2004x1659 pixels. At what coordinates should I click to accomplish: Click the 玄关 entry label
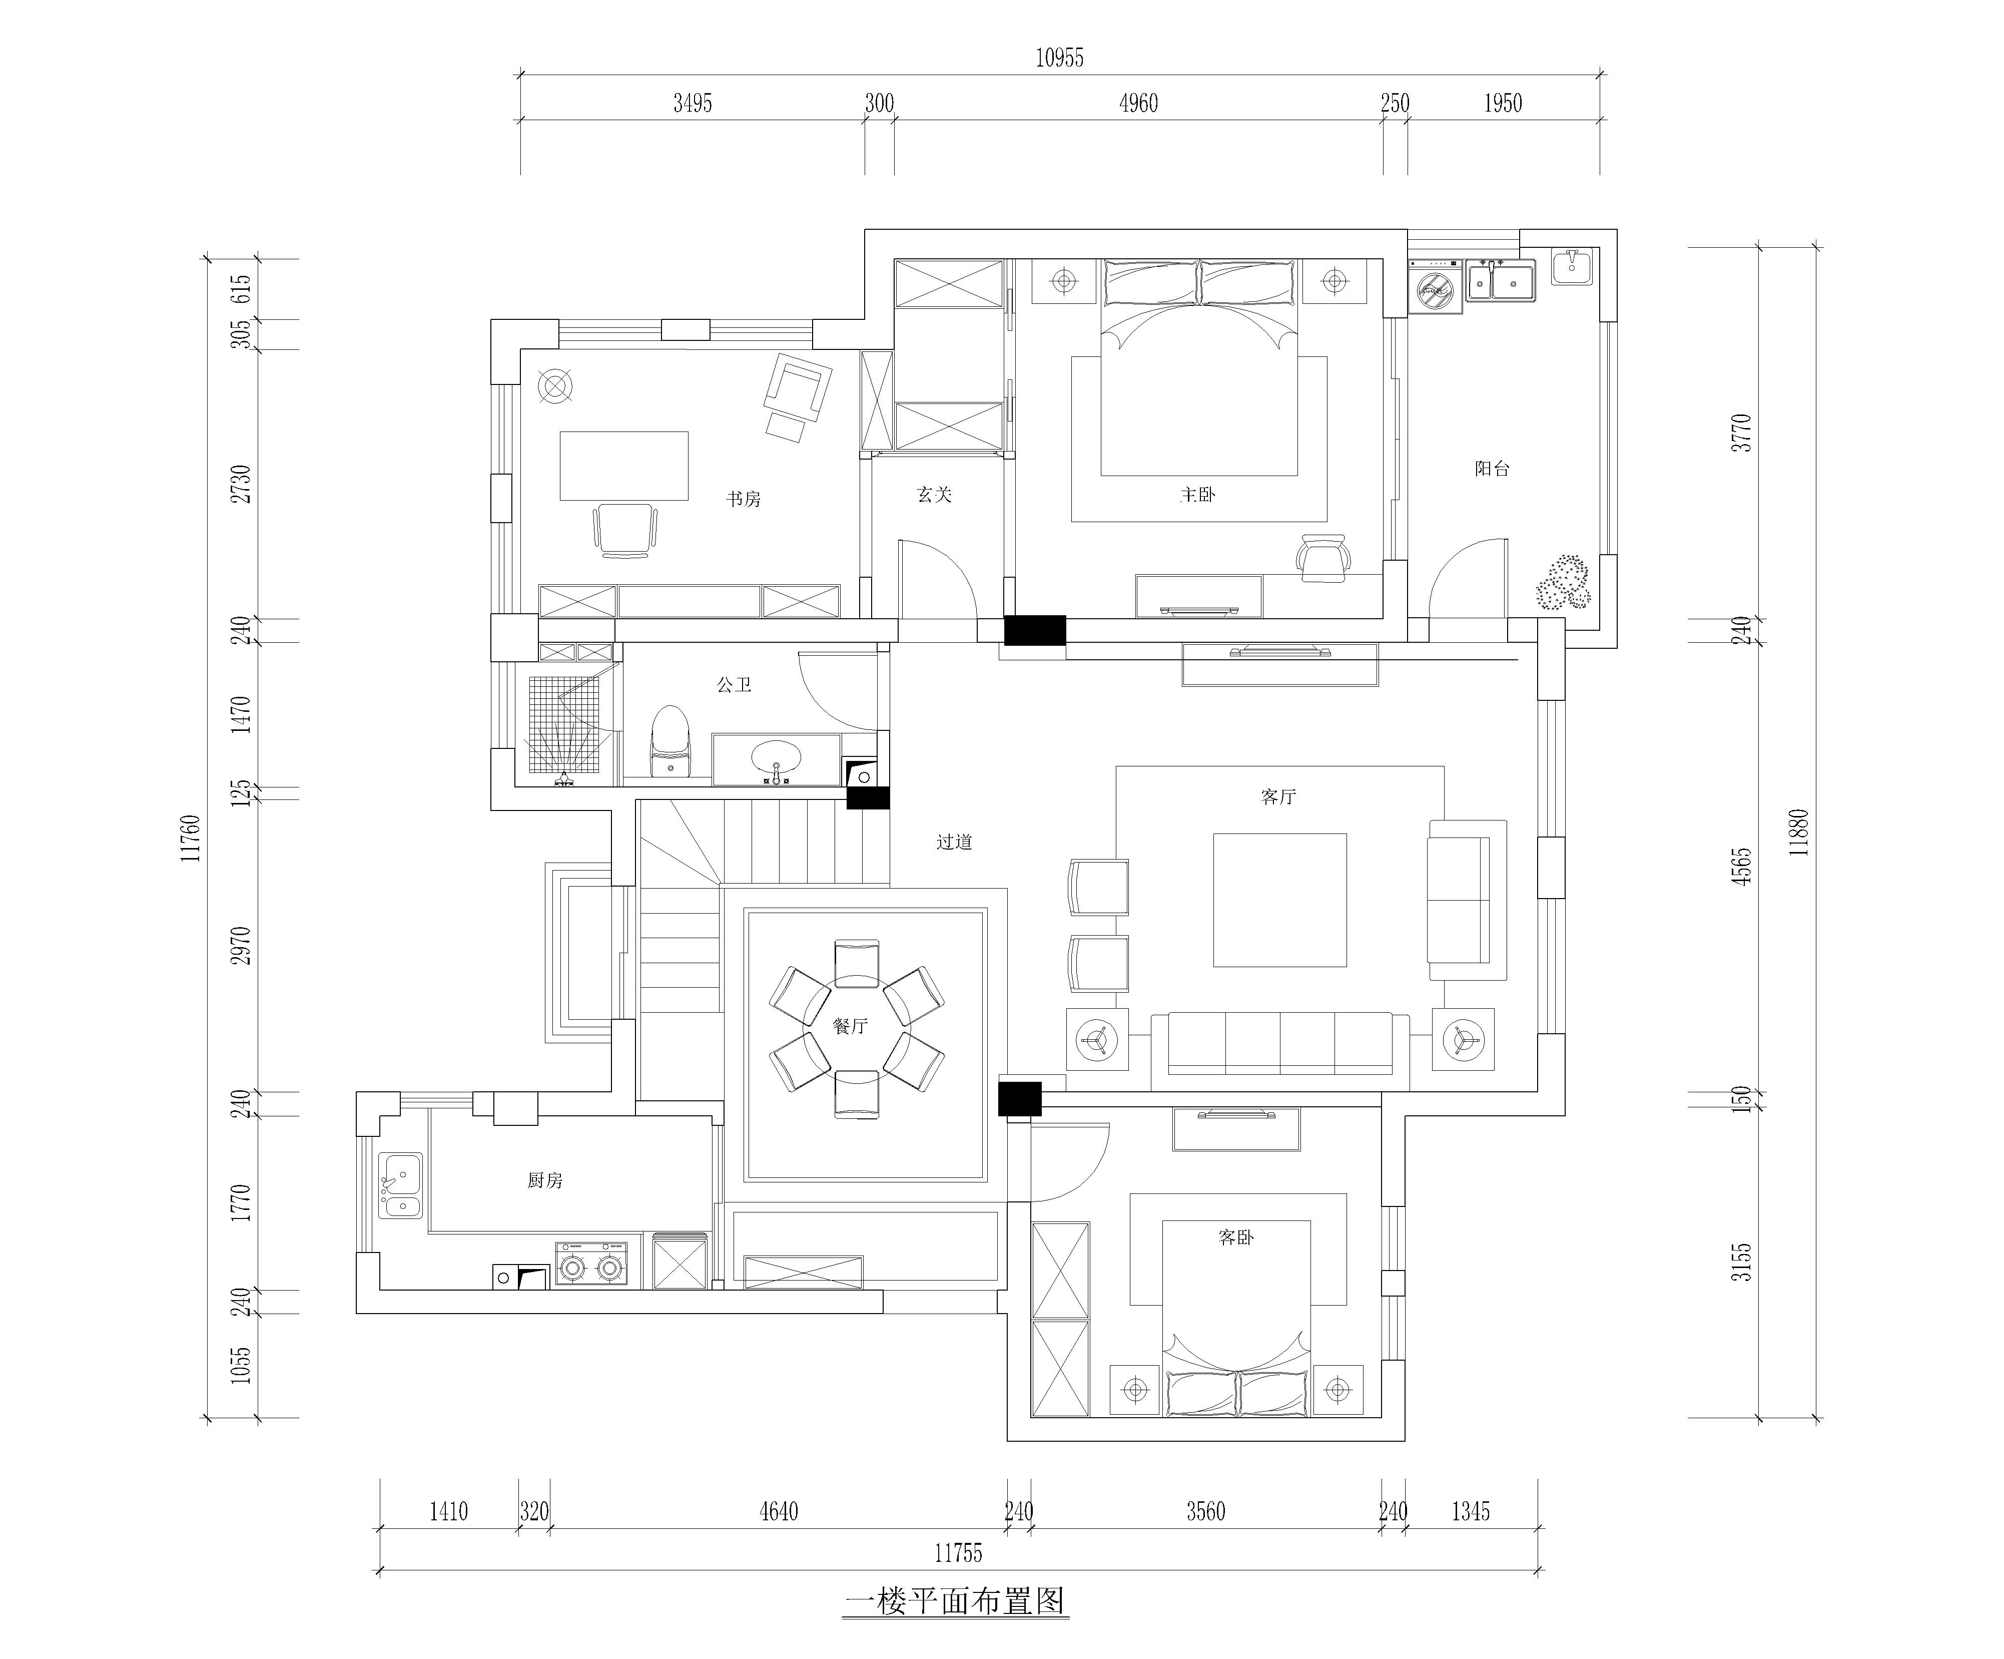[934, 495]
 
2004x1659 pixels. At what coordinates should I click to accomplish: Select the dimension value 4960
[1138, 103]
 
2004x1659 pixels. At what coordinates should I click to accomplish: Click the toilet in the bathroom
[670, 741]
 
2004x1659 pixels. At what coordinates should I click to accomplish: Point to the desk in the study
[624, 466]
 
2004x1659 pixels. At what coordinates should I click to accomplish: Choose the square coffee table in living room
[1279, 900]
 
